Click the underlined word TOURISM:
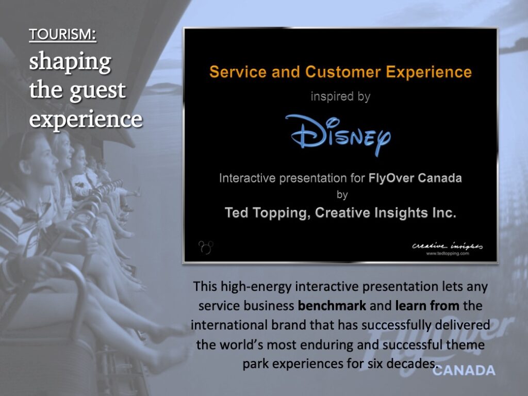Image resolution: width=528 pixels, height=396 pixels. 62,35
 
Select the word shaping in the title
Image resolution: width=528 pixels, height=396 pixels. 70,62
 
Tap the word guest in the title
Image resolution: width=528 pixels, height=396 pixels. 97,91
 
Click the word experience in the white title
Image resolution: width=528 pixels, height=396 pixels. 86,120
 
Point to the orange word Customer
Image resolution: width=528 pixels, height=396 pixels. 343,72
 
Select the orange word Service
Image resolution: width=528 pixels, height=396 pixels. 238,72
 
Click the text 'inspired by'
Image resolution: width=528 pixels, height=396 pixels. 340,96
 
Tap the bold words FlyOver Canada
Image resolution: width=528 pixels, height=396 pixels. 415,178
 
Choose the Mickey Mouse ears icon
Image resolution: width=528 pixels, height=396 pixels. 206,247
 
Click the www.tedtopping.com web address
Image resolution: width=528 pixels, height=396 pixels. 448,254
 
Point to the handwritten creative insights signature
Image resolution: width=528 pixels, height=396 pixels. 447,246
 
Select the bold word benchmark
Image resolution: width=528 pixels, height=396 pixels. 332,306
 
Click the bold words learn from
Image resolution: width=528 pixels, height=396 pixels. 427,306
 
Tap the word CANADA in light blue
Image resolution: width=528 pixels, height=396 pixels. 464,370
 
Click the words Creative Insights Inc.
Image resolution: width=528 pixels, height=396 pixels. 386,213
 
